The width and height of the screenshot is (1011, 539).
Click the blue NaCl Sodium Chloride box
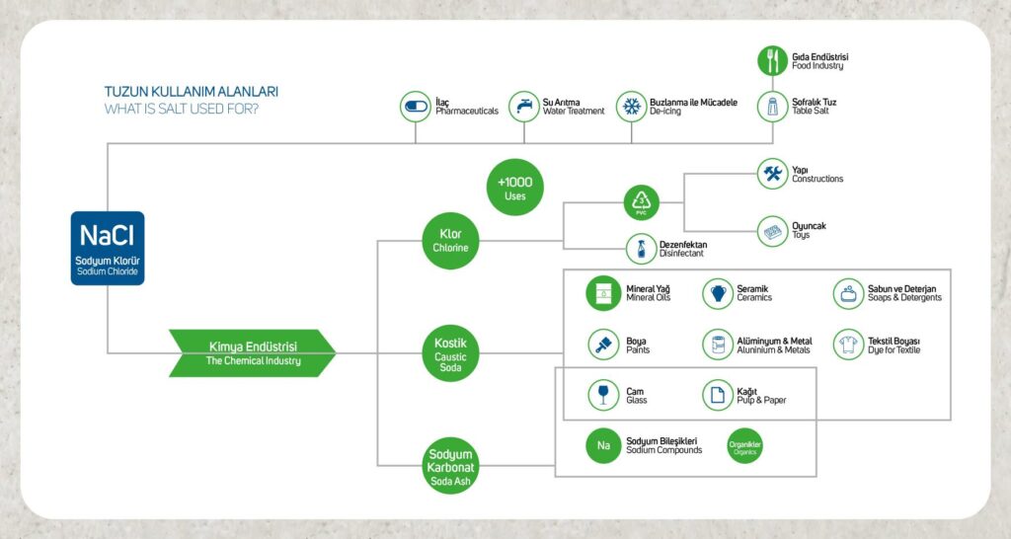(x=108, y=248)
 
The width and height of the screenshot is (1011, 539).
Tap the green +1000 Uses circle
(x=514, y=188)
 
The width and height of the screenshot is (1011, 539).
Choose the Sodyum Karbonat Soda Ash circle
(x=449, y=465)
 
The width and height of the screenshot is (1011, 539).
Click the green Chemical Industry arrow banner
(x=253, y=353)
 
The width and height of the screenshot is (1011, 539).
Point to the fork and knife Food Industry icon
(x=772, y=60)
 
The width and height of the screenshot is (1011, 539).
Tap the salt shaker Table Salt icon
(x=772, y=106)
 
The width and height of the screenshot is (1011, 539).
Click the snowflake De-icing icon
(x=630, y=106)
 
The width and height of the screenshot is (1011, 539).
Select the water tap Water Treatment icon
(x=523, y=106)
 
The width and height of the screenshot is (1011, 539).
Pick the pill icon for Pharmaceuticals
(x=415, y=106)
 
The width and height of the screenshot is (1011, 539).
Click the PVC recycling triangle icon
(x=641, y=203)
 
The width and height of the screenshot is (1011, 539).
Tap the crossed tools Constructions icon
(x=772, y=175)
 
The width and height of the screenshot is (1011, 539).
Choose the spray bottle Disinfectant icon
(x=641, y=248)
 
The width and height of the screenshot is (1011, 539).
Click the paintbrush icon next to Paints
(x=601, y=344)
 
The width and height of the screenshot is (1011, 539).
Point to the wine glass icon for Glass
(x=601, y=395)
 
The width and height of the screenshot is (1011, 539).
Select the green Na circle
(x=601, y=445)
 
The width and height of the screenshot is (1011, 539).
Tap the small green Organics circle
(x=744, y=446)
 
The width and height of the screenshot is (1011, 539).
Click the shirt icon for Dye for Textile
(x=848, y=344)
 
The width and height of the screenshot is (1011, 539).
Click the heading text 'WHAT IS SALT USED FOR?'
(x=182, y=109)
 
